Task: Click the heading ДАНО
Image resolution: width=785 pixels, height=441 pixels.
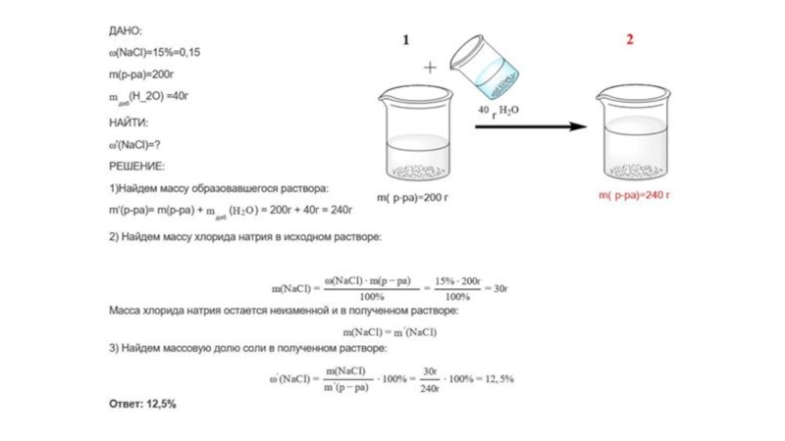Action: coord(126,31)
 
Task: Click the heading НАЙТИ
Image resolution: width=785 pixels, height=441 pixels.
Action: coord(128,122)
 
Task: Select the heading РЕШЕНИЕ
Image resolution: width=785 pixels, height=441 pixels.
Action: coord(136,166)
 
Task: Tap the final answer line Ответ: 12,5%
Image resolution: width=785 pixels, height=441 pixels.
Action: coord(142,403)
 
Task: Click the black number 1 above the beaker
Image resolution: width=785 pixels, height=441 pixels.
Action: coord(405,40)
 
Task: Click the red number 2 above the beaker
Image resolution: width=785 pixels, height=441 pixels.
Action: coord(630,40)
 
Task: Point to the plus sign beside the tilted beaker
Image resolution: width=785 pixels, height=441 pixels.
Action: coord(430,68)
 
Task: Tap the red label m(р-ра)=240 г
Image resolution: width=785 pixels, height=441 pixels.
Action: coord(634,195)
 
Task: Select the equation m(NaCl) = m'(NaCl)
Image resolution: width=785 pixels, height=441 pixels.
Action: coord(390,332)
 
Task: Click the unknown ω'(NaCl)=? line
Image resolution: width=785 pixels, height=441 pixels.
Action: coord(134,144)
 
